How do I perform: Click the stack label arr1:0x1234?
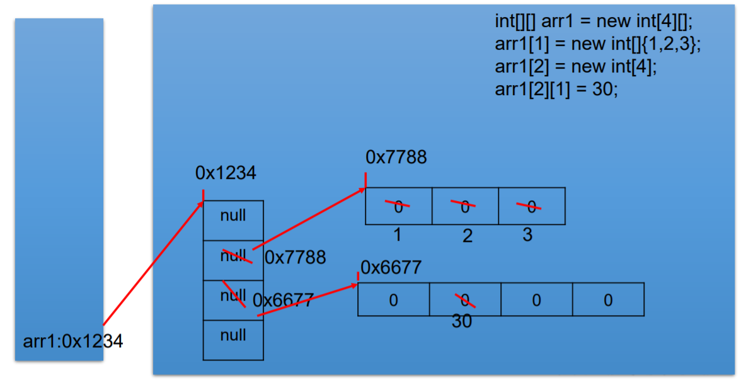(73, 342)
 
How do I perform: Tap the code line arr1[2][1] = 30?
(556, 89)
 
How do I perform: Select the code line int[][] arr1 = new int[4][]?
(593, 21)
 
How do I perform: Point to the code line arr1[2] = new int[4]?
(576, 66)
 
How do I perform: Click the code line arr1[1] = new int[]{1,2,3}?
(598, 44)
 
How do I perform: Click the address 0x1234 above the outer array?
(226, 173)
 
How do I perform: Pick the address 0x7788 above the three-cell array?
(396, 157)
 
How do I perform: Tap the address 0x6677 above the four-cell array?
(391, 268)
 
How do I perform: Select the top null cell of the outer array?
(233, 216)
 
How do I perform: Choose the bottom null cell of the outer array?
(233, 335)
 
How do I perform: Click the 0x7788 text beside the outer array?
(295, 257)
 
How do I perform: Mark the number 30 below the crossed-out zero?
(462, 321)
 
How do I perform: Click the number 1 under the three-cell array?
(397, 235)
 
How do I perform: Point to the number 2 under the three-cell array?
(467, 236)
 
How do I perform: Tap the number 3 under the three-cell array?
(527, 234)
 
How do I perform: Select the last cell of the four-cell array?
(608, 299)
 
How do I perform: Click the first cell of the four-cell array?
(393, 299)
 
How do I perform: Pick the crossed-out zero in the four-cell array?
(465, 299)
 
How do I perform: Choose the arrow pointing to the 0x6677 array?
(309, 299)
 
